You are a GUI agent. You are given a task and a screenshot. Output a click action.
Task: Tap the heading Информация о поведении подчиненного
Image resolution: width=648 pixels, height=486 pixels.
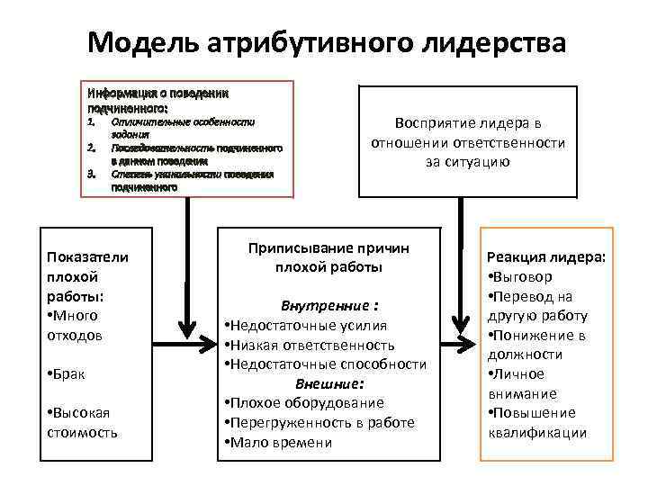(157, 99)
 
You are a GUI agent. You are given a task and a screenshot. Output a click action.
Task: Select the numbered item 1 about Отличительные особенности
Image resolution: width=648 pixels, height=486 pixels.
(180, 125)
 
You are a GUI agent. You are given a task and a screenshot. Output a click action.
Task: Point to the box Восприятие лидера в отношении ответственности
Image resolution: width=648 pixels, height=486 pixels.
(467, 142)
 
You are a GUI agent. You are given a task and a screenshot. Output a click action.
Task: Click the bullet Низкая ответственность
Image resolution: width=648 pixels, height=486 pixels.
(310, 345)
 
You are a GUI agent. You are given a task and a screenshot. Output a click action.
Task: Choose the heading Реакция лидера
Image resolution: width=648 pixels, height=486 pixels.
(546, 257)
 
